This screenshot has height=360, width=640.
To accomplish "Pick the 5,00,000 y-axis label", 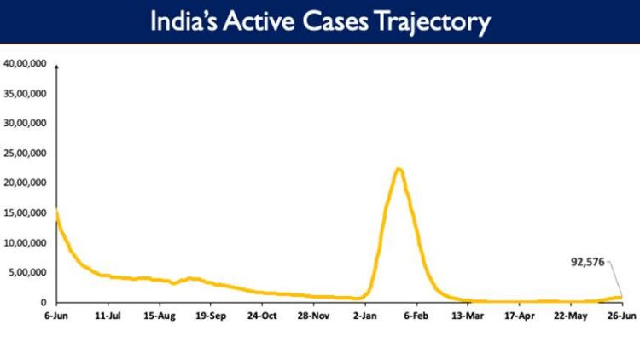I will [26, 272].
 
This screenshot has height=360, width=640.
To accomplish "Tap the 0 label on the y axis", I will [44, 302].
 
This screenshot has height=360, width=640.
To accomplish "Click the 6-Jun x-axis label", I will [56, 316].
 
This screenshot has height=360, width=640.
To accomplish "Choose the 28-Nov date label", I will [314, 316].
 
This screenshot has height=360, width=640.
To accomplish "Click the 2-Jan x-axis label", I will [365, 316].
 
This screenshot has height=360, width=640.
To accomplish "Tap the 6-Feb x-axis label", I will [416, 316].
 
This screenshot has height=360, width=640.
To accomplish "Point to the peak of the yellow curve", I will [398, 169].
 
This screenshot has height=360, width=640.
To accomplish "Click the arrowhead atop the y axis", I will [56, 66].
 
